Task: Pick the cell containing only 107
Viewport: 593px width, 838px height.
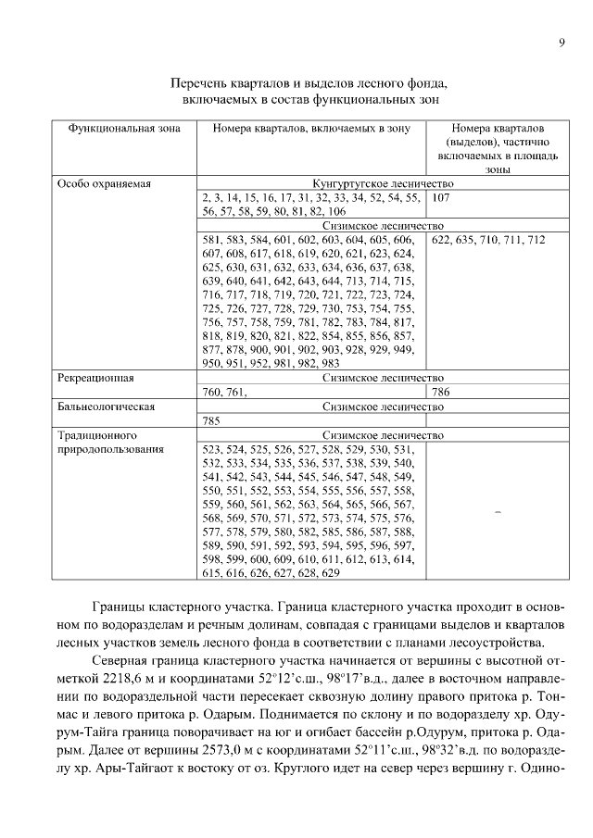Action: click(x=441, y=198)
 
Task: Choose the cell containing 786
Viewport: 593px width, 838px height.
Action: click(x=441, y=392)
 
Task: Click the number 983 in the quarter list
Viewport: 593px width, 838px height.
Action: click(x=330, y=364)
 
